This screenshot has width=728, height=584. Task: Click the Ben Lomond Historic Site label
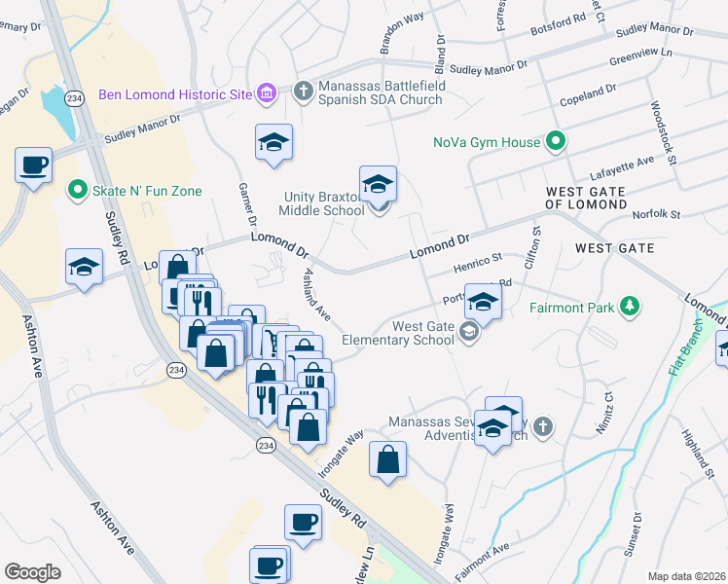click(175, 95)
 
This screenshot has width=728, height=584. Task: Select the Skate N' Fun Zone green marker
click(75, 191)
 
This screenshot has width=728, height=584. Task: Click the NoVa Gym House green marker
click(555, 142)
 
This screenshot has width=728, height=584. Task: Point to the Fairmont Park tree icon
click(630, 308)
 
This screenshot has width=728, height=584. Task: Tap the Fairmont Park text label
click(571, 309)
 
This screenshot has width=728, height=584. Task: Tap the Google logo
click(33, 572)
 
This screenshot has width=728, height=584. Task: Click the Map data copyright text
click(686, 576)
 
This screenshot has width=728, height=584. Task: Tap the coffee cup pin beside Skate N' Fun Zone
click(34, 165)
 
